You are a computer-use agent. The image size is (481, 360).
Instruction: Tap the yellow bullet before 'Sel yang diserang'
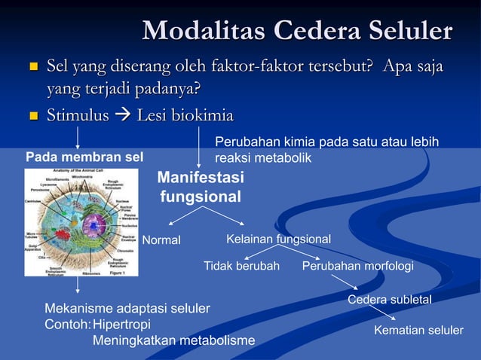coord(32,69)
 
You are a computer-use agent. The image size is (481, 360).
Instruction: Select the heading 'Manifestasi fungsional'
coord(200,188)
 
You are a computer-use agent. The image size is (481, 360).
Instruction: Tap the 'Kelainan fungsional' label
coord(278,239)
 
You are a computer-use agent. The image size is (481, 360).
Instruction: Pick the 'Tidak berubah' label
coord(241,266)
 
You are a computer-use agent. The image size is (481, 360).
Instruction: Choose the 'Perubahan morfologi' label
coord(357,266)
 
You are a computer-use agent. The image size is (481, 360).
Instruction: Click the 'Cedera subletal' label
coord(389,300)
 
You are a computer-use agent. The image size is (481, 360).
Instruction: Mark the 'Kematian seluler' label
coord(418,331)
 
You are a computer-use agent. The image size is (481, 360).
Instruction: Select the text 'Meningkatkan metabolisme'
coord(173,341)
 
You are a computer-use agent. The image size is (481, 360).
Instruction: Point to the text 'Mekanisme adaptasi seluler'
coord(127,309)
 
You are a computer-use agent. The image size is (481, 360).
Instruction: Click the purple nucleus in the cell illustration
coord(95,224)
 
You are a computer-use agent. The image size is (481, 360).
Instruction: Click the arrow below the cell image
coord(77,285)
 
